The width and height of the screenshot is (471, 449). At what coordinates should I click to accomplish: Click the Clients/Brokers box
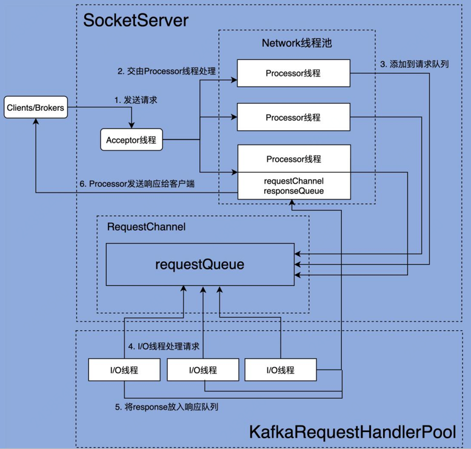(36, 107)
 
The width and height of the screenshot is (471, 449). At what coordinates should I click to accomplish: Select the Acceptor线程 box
(132, 139)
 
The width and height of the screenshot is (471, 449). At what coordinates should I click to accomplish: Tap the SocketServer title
(136, 21)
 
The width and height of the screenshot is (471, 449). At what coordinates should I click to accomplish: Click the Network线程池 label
(297, 43)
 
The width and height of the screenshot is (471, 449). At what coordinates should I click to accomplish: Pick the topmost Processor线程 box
(293, 73)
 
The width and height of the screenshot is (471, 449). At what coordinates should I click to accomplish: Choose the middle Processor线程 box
(293, 117)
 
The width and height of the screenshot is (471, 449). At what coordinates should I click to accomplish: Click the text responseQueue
(294, 191)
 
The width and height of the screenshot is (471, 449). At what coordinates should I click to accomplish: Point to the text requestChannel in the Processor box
(294, 181)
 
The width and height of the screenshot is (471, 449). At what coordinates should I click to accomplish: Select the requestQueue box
(200, 264)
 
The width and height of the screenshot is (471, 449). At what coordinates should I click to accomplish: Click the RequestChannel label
(146, 227)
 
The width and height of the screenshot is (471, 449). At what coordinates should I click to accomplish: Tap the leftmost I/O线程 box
(124, 370)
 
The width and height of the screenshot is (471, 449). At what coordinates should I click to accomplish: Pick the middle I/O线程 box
(203, 370)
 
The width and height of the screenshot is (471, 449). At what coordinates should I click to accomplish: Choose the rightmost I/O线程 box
(281, 370)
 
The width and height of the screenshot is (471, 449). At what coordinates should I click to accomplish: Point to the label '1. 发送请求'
(136, 100)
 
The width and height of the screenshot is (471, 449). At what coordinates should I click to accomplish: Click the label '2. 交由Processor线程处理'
(167, 71)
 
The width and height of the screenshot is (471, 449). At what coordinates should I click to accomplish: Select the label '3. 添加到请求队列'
(415, 64)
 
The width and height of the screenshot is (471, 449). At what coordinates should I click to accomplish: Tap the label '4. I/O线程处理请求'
(164, 346)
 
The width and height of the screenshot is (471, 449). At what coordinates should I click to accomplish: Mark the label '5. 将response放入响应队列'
(167, 407)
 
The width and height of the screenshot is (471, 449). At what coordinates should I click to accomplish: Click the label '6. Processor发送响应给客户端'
(137, 184)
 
